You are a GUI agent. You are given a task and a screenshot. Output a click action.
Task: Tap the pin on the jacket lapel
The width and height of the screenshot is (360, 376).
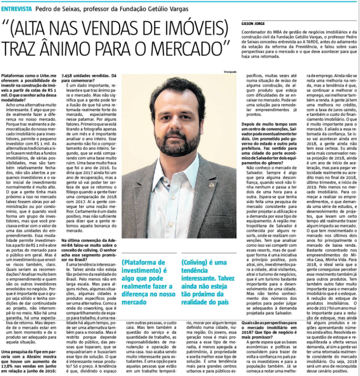(x=211, y=184)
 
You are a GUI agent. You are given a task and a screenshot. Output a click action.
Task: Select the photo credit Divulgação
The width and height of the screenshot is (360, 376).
(x=229, y=72)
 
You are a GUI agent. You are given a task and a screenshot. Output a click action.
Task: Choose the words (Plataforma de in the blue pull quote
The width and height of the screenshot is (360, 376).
(x=144, y=262)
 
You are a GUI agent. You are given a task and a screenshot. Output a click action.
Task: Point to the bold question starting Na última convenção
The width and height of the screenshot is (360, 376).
(x=89, y=247)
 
